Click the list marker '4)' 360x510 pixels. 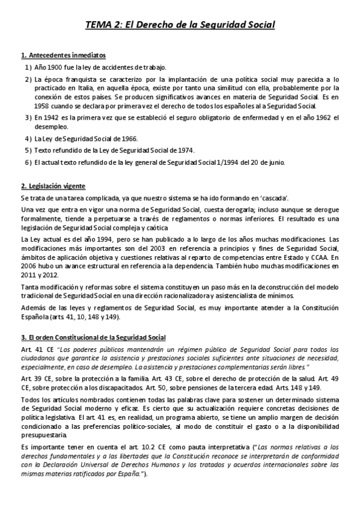[x=28, y=138]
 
